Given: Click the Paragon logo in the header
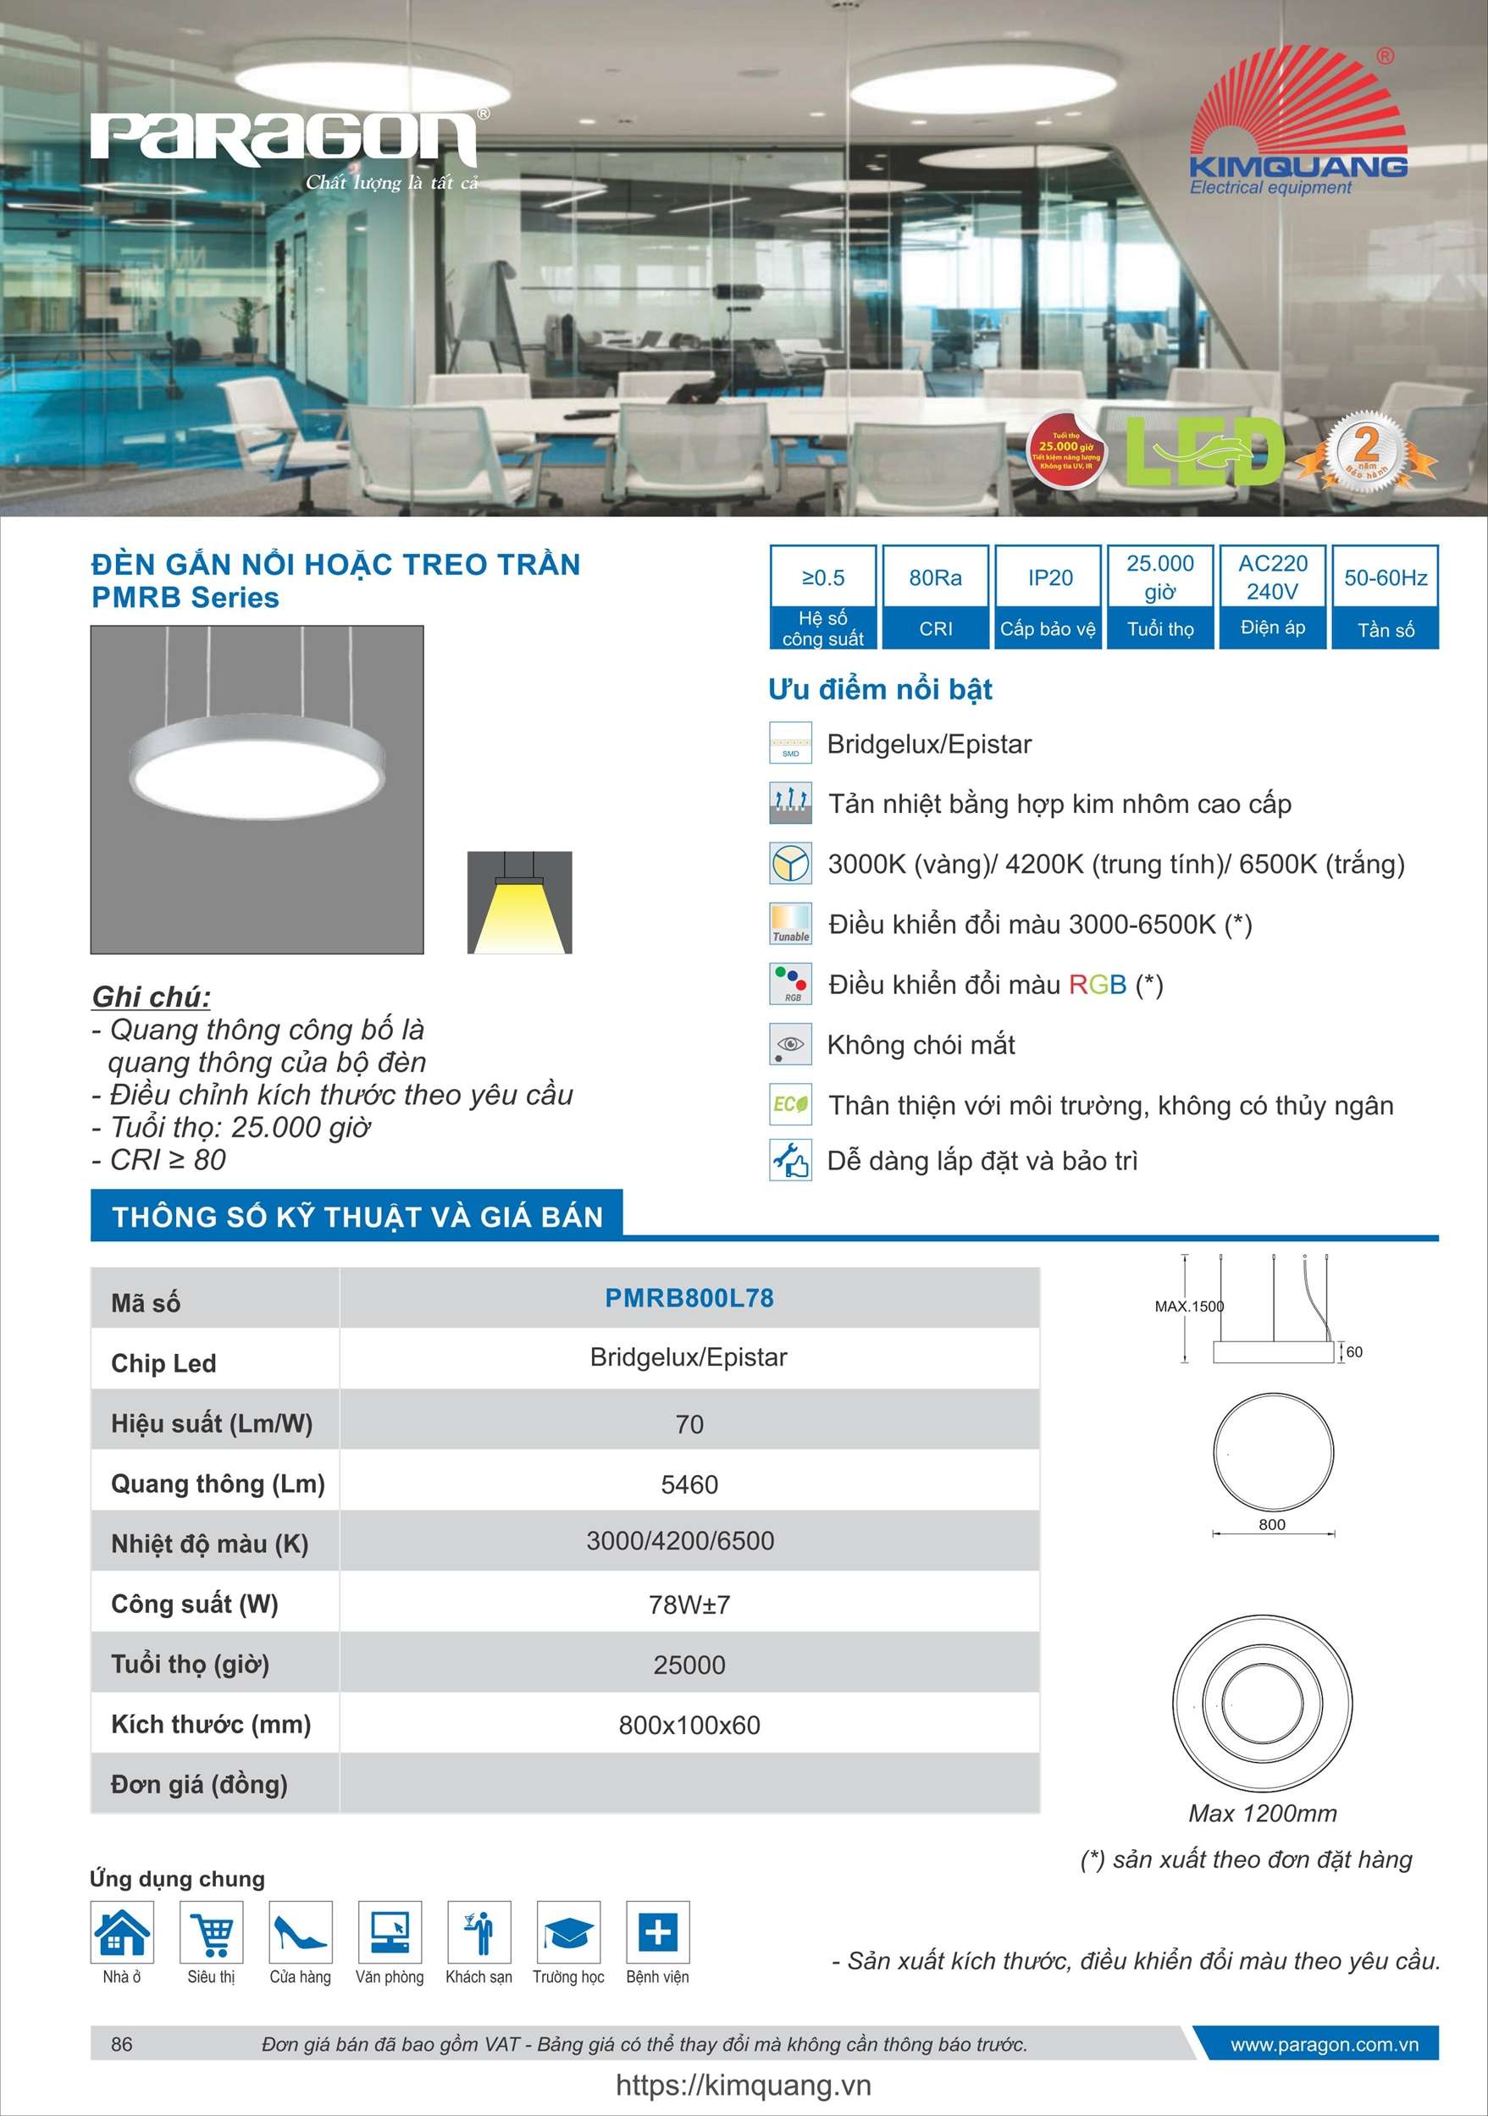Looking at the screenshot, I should (284, 140).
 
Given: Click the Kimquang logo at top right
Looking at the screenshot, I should (1297, 124).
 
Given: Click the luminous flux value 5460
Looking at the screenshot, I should (689, 1484).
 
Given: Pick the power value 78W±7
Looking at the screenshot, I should (689, 1605).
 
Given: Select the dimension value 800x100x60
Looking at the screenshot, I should (689, 1726).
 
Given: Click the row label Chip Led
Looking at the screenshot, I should (163, 1363).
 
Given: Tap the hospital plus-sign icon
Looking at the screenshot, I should (657, 1931).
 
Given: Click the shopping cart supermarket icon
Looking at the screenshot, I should (212, 1931).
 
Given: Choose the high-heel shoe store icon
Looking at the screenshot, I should (301, 1931).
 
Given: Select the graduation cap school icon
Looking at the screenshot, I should (568, 1931).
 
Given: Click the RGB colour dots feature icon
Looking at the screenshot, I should (791, 983).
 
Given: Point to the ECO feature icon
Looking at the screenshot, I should (791, 1104).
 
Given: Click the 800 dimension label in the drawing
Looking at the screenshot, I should (1271, 1525).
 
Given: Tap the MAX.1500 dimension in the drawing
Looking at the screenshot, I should (1188, 1306).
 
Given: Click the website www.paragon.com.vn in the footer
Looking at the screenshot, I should (1324, 2044).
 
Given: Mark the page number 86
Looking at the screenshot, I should (122, 2044).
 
